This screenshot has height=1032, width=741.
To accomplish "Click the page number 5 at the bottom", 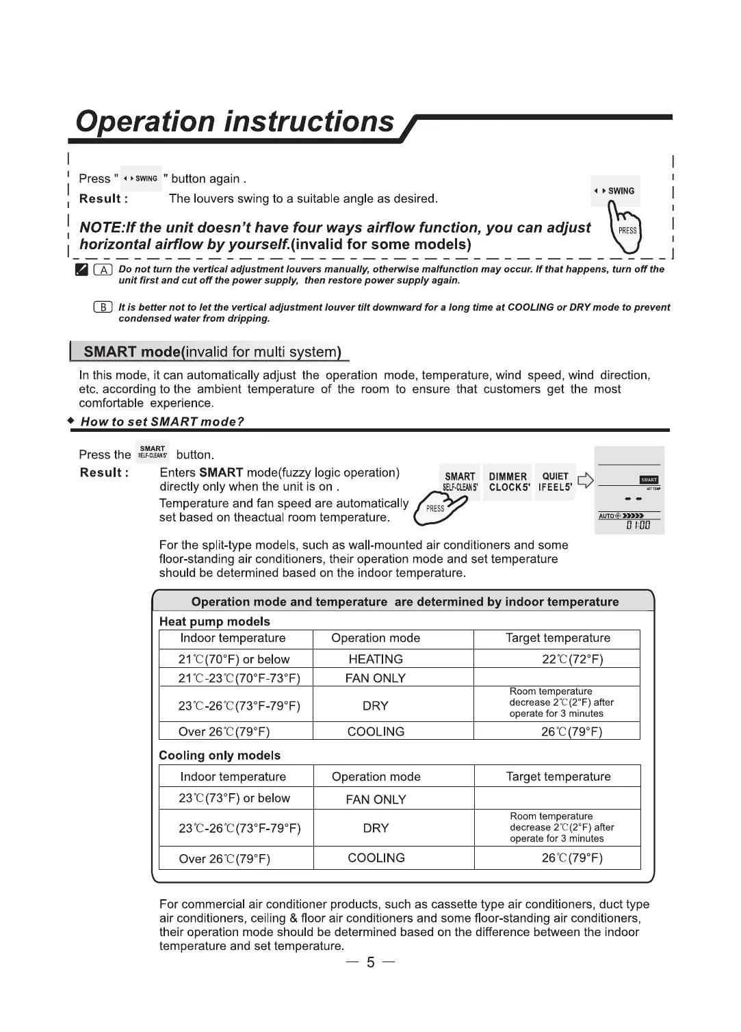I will pos(370,962).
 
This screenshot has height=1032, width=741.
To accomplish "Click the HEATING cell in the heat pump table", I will pos(376,659).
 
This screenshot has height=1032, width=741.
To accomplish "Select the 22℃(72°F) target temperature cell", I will pos(572,659).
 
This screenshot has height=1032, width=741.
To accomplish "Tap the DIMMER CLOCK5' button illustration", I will pos(507,482).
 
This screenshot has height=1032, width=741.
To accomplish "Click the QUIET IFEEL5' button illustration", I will pos(555,482).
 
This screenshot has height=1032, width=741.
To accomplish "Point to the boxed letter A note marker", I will pos(103,270).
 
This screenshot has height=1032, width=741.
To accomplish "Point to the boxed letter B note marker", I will pos(103,307).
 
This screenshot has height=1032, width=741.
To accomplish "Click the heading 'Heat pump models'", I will pos(214,621).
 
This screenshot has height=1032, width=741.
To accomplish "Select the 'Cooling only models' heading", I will pos(219,756).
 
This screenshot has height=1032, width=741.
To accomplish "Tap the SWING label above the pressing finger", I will pos(615,191).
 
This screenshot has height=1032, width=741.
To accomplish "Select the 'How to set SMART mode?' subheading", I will pos(162,422).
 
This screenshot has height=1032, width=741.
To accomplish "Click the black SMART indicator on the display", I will pos(649,480).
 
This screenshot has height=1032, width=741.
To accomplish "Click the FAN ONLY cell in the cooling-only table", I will pos(376,799).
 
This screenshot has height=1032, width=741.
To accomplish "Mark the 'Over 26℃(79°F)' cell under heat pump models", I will pos(224,732).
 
